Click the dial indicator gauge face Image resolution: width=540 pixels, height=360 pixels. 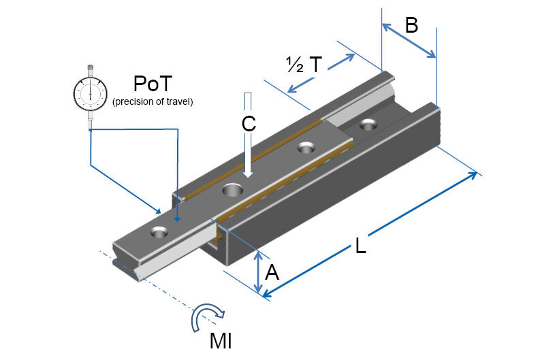tap(90, 93)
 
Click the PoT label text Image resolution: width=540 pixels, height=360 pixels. tap(153, 84)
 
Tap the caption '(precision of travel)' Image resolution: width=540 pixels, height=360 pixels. tap(153, 102)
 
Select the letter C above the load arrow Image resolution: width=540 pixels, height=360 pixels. tap(248, 123)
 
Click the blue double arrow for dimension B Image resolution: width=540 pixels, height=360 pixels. tap(409, 40)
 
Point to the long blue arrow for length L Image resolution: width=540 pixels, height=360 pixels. tap(371, 235)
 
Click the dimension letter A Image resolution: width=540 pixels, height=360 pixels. tap(272, 273)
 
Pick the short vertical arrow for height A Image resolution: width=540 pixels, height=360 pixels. tap(259, 273)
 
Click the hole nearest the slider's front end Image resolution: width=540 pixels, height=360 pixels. tap(160, 231)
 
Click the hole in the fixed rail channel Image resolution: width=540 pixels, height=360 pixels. tap(368, 125)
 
